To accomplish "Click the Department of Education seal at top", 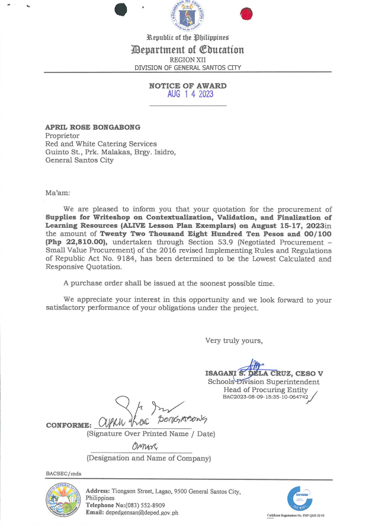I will pyautogui.click(x=187, y=17).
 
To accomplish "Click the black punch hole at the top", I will pyautogui.click(x=121, y=11).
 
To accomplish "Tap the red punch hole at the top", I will pyautogui.click(x=246, y=14).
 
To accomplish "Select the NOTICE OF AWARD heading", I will pyautogui.click(x=187, y=86).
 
